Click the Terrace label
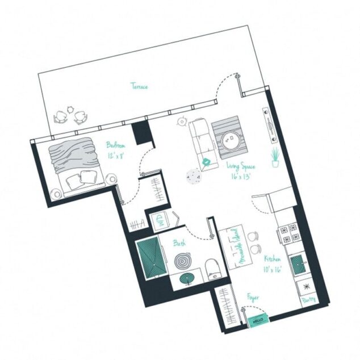point(140,87)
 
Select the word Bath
point(179,243)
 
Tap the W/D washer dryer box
point(157,220)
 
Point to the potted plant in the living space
point(275,157)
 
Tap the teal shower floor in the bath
point(150,258)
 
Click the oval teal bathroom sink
point(188,278)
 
